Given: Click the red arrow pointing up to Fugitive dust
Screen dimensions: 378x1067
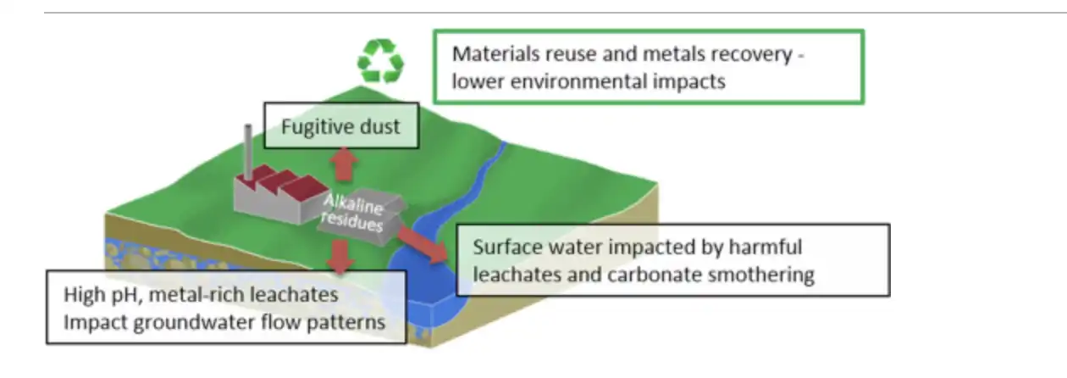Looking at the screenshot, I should (341, 164).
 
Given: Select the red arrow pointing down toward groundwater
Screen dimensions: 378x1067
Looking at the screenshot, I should (339, 256).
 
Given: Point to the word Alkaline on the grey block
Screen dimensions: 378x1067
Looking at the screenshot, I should (355, 206).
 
